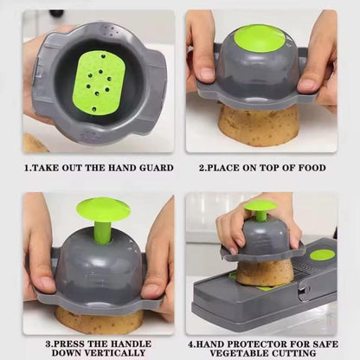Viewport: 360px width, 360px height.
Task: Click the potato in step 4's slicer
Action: pos(266,273)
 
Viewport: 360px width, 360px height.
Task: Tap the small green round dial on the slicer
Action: pos(322,254)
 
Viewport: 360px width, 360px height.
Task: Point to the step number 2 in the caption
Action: pos(202,167)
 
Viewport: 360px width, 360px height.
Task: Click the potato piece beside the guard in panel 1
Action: pos(35,143)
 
